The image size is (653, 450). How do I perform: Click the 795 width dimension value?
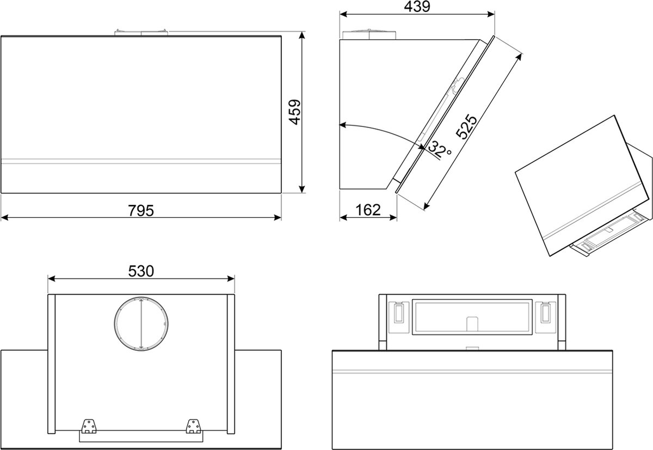click(x=141, y=210)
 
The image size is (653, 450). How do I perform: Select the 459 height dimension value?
click(x=295, y=112)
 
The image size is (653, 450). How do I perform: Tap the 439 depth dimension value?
click(x=417, y=7)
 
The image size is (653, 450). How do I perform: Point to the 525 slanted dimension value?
click(x=466, y=126)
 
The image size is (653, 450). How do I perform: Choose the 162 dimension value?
click(x=368, y=210)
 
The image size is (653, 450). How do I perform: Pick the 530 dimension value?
click(x=141, y=271)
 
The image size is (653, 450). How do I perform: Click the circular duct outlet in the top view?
click(x=141, y=324)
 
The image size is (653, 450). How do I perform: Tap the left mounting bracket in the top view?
click(x=88, y=427)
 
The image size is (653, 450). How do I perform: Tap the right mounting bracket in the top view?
click(x=193, y=427)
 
